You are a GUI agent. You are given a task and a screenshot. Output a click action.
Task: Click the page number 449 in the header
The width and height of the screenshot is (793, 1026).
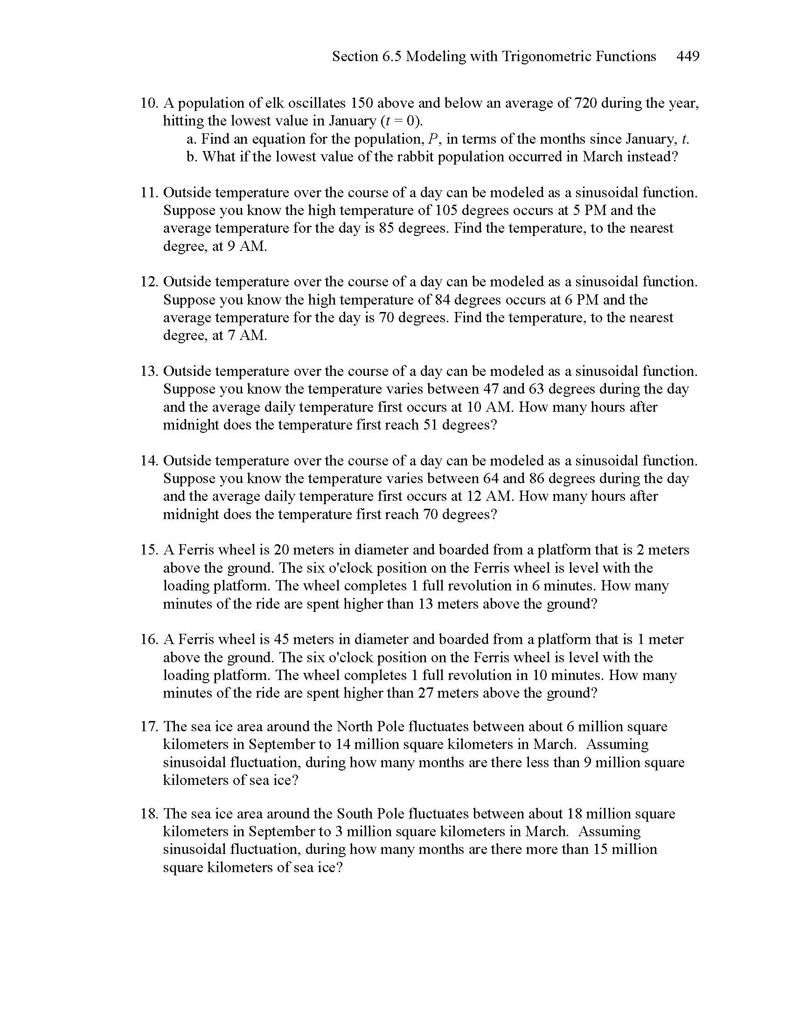[688, 56]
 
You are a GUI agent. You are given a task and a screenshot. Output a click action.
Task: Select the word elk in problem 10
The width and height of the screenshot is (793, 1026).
[275, 103]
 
